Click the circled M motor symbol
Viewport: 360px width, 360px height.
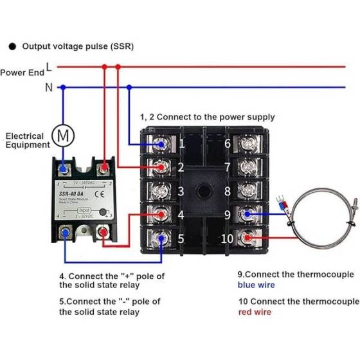coord(62,135)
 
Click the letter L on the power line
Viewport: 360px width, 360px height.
coord(49,66)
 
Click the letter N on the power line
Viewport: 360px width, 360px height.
coord(49,87)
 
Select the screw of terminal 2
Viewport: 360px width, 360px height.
coord(161,168)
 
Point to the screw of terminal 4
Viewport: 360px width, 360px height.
coord(161,215)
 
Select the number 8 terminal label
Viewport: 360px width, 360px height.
coord(228,192)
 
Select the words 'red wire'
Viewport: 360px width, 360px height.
coord(252,312)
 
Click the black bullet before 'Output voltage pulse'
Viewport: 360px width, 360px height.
coord(12,46)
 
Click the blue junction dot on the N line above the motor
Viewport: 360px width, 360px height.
coord(62,87)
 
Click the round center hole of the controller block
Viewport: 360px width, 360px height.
coord(204,192)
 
